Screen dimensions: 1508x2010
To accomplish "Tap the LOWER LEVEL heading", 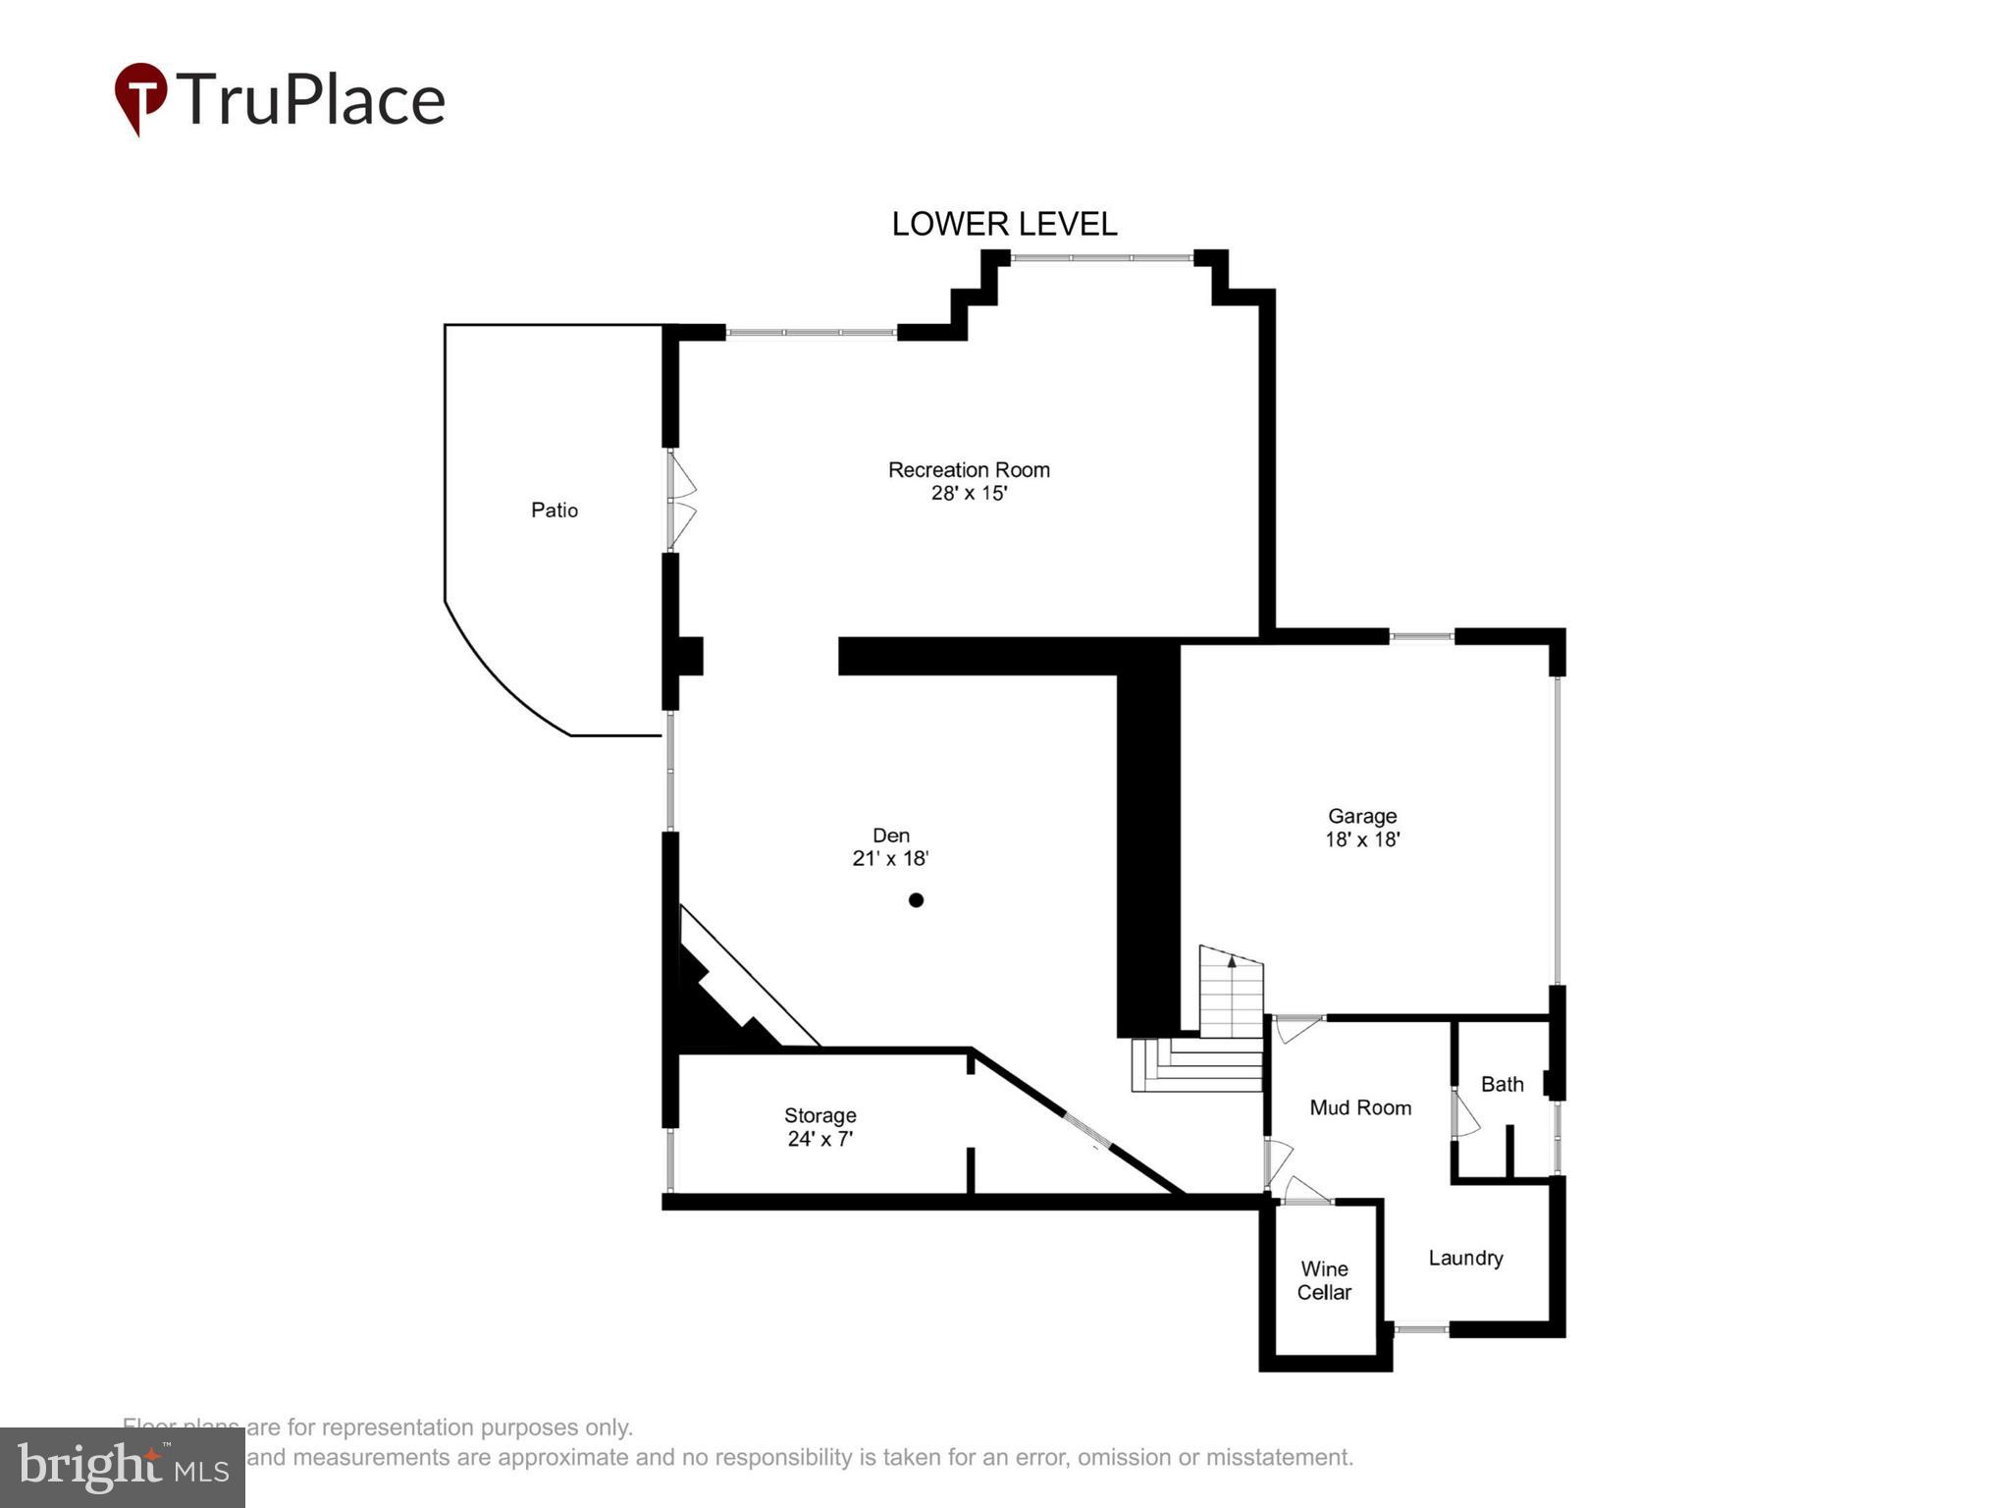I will tap(1003, 224).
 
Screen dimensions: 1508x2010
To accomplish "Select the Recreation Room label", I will tap(969, 469).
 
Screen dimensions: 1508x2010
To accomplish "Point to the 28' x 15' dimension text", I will tap(969, 493).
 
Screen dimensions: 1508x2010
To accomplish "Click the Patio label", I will tap(554, 510).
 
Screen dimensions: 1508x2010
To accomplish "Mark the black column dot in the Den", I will tap(916, 899).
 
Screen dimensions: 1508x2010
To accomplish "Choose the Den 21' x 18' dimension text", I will tap(890, 858).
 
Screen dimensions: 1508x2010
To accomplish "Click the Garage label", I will tap(1361, 816).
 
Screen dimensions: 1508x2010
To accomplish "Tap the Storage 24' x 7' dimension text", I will tap(820, 1139).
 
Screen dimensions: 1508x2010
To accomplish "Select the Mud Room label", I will tap(1360, 1107).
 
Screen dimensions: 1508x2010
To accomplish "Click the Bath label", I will tap(1502, 1084).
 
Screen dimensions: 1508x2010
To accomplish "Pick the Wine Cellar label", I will tap(1324, 1280).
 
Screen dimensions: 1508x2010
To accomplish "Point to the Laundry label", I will tap(1465, 1258).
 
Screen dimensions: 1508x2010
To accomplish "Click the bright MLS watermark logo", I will tap(123, 1467).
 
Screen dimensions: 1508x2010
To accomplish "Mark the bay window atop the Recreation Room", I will tap(1101, 258).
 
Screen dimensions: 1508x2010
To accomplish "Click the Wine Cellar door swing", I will tap(1305, 1191).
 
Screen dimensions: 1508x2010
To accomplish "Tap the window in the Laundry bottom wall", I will tap(1420, 1329).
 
